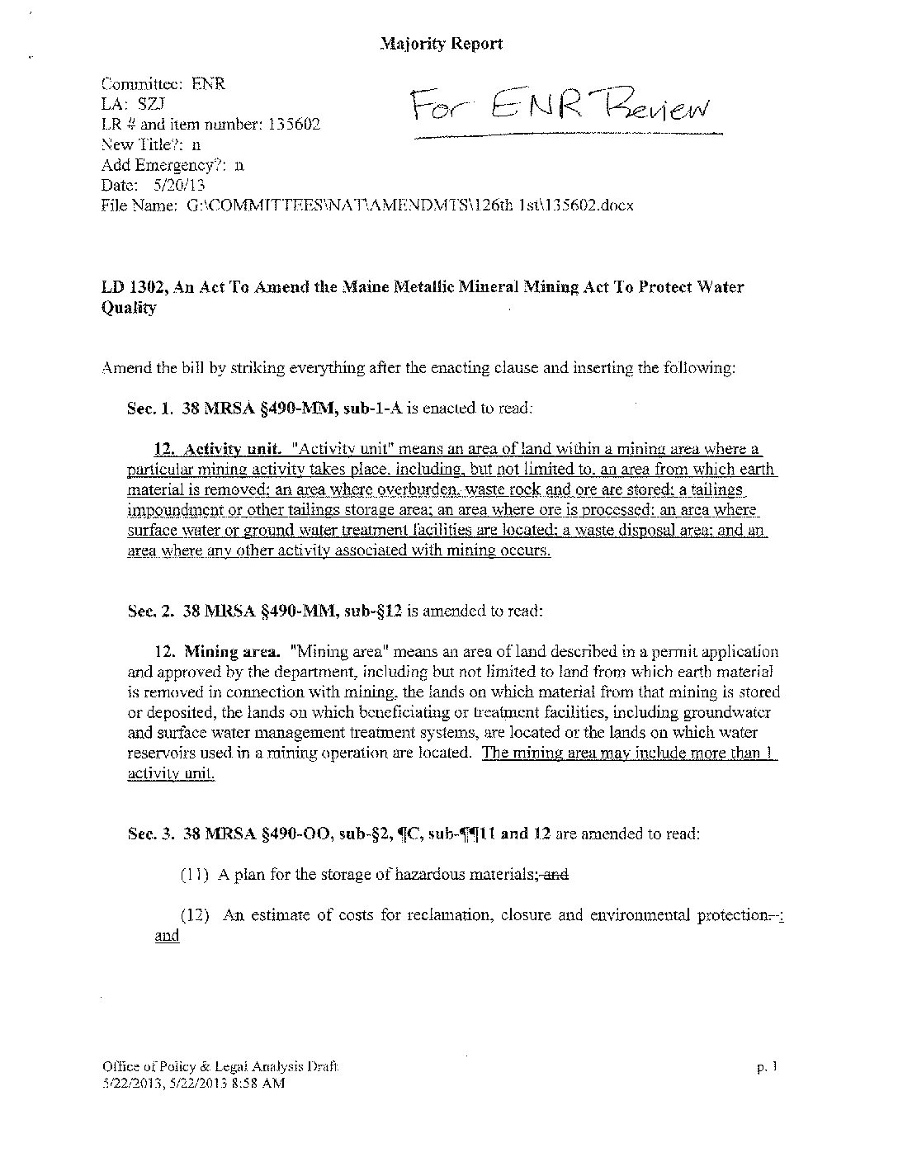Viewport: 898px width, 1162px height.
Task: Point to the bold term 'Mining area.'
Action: pos(231,653)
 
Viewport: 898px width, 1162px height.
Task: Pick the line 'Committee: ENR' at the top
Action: pos(163,84)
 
